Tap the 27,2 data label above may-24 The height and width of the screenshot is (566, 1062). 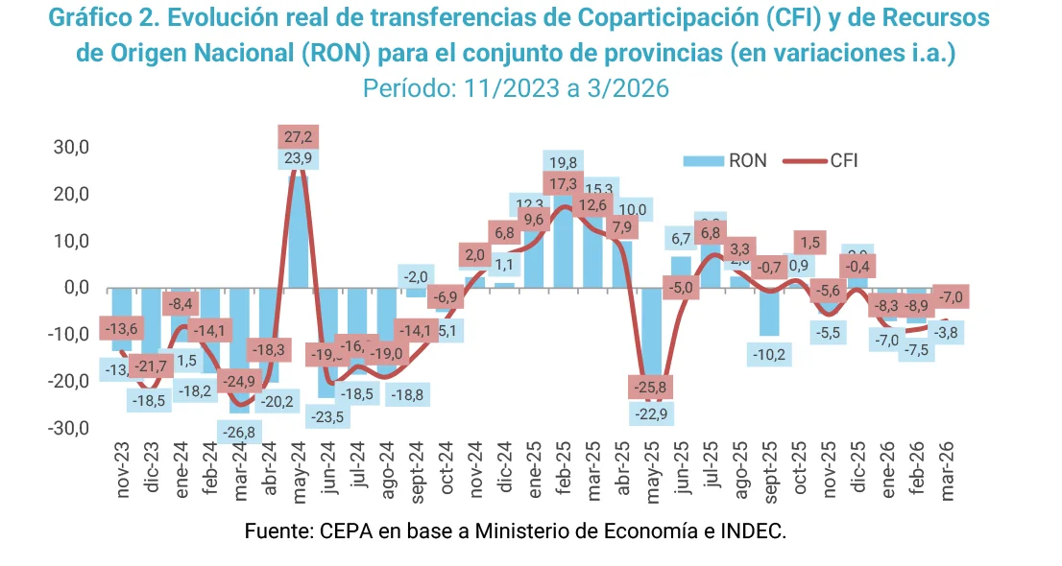299,137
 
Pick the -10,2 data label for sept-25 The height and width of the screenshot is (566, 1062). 770,354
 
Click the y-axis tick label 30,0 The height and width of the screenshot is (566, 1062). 70,148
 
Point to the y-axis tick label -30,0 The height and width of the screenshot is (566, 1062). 68,428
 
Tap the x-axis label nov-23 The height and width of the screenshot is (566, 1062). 123,471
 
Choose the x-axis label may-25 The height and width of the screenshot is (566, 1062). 652,471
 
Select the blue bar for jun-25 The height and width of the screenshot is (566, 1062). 681,271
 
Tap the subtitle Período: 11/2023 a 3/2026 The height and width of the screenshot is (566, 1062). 516,88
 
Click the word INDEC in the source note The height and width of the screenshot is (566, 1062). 756,531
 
